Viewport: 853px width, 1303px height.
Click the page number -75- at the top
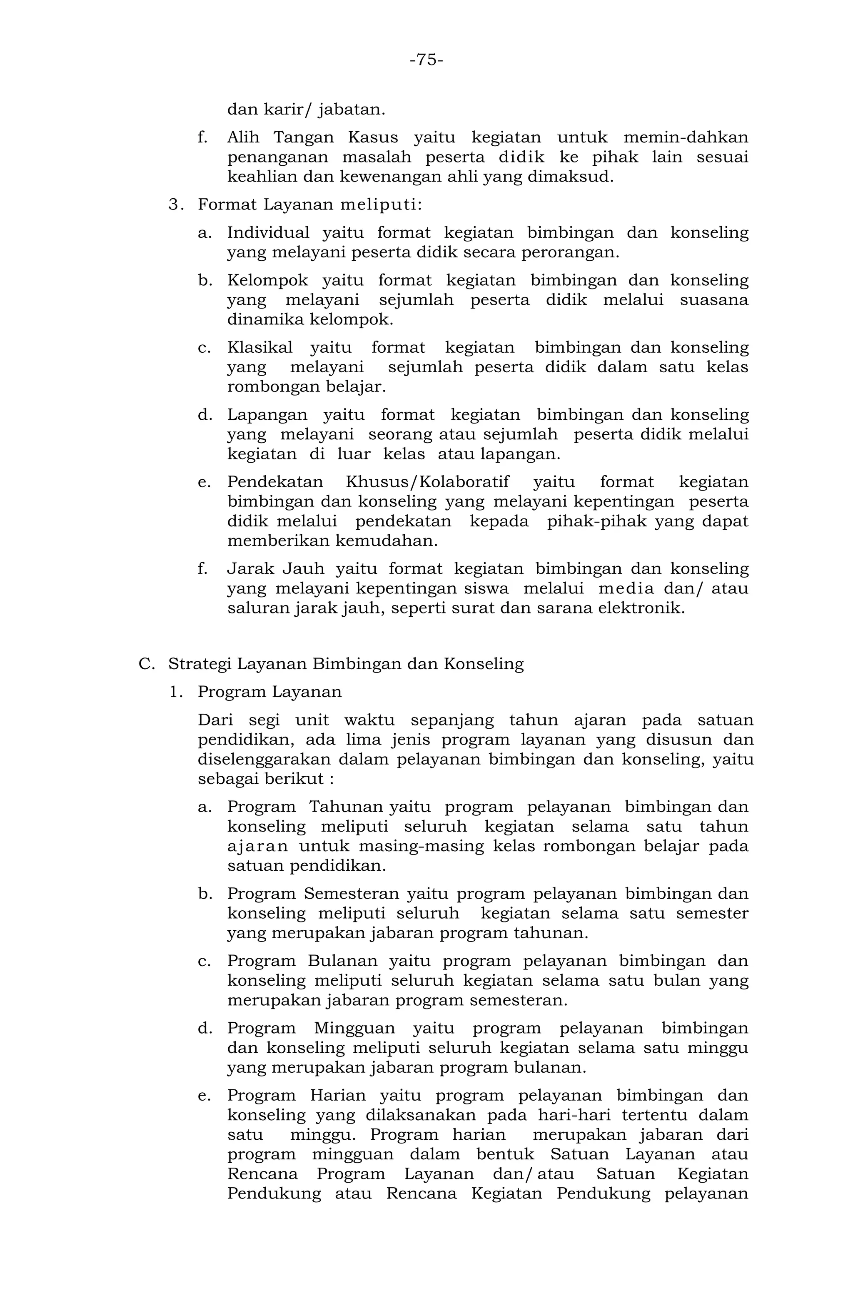(x=426, y=60)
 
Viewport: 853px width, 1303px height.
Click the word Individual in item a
(x=268, y=233)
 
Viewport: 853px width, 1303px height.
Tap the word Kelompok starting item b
(x=268, y=280)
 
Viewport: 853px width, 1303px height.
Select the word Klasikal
(x=260, y=348)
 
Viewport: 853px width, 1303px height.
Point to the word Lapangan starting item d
(x=267, y=415)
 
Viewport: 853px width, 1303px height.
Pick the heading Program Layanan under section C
(x=269, y=692)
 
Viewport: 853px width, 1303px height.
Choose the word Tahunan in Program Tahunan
(x=346, y=807)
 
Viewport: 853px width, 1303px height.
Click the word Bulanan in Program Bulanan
(x=342, y=962)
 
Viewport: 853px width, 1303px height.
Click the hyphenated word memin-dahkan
(x=686, y=137)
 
